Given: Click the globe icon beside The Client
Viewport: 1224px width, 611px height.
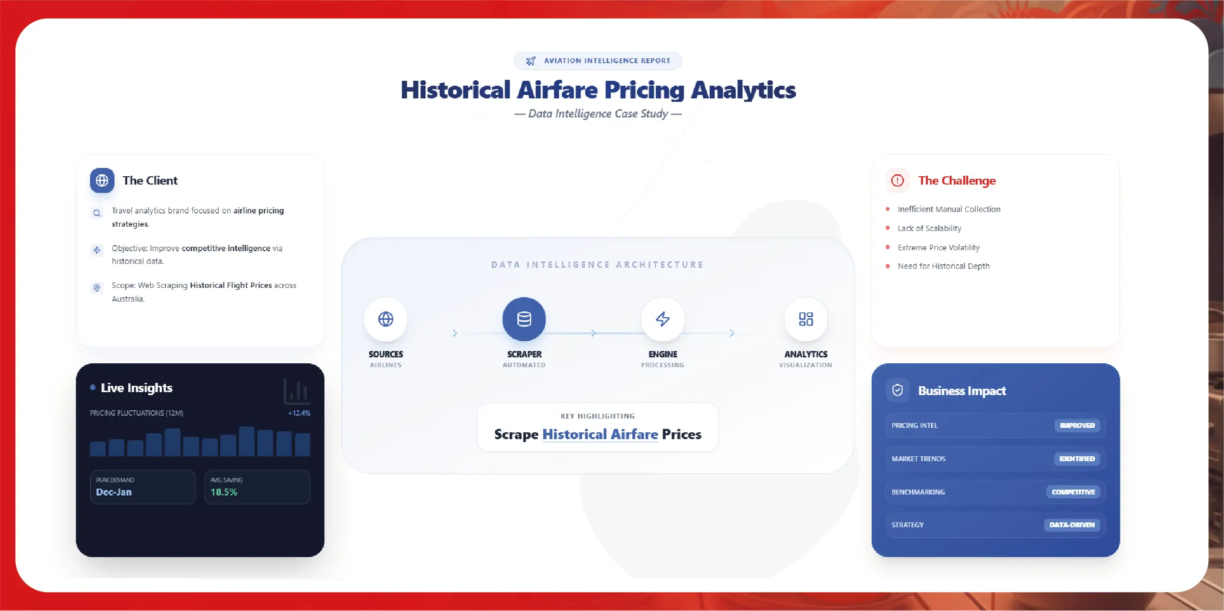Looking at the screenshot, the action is coord(102,181).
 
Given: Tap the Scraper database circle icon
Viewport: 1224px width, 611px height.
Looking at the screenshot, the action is coord(524,319).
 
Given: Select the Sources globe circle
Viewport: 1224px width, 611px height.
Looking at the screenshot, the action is coord(386,319).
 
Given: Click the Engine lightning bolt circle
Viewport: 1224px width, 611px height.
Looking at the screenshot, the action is coord(663,319).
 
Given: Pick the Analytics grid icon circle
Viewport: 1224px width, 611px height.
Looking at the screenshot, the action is coord(806,319).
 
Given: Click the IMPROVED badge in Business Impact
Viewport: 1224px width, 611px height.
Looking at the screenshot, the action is coord(1077,425).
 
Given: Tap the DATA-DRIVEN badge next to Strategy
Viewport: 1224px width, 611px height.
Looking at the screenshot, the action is coord(1072,525).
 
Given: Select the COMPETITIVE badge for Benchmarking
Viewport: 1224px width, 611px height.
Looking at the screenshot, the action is coord(1073,492).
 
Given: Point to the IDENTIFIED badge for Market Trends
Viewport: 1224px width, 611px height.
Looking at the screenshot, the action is coord(1077,459).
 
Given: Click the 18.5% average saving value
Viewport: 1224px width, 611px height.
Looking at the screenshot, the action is coord(224,492).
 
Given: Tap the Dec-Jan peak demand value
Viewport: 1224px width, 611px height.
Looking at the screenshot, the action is coord(114,492).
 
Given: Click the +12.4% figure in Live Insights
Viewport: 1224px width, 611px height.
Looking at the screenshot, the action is coord(299,413).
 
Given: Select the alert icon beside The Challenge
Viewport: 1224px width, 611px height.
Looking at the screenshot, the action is coord(898,181).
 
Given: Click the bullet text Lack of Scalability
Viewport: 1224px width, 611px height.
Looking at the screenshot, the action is coord(929,228).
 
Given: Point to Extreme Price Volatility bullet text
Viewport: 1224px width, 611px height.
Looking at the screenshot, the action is coord(939,248).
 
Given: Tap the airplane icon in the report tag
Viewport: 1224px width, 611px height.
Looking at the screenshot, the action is coord(531,61).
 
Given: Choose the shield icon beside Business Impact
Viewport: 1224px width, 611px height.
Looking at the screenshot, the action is coord(898,390).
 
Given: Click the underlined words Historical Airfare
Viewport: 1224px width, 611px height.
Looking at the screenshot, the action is coord(600,434).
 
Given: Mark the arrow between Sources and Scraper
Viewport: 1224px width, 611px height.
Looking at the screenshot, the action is coord(455,333).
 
